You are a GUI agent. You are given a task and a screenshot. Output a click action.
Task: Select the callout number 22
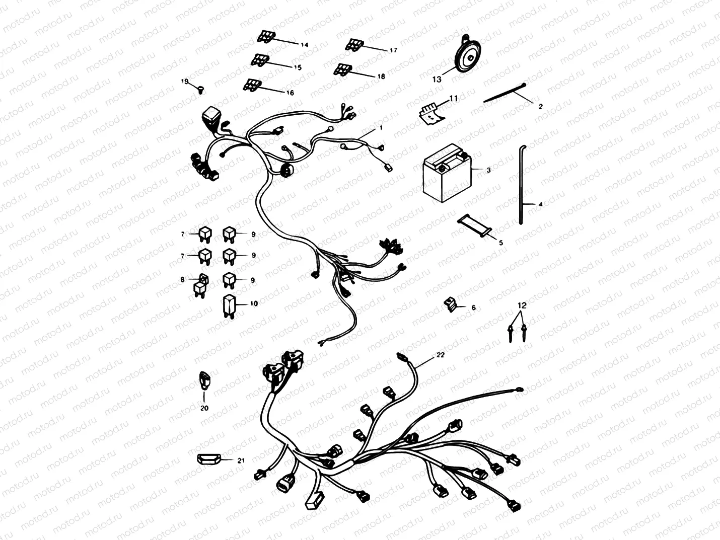click(440, 355)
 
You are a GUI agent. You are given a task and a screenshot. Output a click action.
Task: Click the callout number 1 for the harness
click(381, 128)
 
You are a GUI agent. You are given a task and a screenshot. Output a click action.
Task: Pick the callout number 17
click(393, 50)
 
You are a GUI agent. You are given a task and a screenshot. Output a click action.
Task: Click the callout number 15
click(297, 67)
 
